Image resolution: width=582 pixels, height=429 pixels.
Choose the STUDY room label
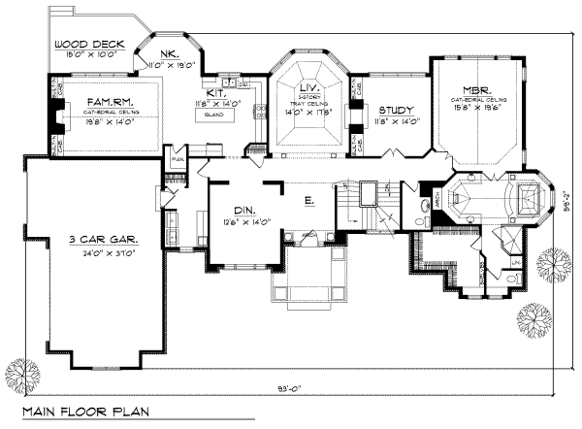pyautogui.click(x=396, y=111)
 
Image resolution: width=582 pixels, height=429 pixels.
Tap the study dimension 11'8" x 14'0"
pyautogui.click(x=396, y=122)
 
